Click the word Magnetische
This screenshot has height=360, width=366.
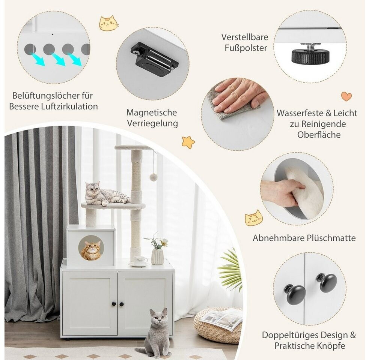(x=152, y=112)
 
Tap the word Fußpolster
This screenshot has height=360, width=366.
(x=246, y=48)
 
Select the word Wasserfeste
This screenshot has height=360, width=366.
(x=301, y=113)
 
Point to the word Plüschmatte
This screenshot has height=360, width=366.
(x=331, y=238)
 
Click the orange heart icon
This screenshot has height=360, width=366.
(x=346, y=96)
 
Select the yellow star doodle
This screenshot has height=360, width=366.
(x=188, y=142)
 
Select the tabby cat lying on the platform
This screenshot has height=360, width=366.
(x=106, y=194)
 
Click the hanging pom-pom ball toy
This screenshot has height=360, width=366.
(x=153, y=177)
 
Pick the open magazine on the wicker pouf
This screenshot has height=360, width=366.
(x=221, y=318)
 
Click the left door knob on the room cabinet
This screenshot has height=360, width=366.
(x=114, y=304)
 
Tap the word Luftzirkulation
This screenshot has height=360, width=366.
(x=69, y=106)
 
